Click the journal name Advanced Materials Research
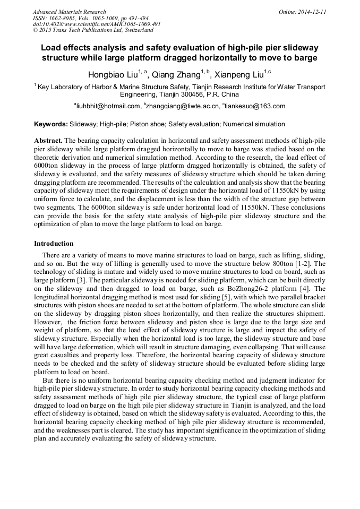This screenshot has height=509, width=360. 69,12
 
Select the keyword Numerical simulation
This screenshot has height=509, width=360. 254,124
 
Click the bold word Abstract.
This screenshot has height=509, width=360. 48,141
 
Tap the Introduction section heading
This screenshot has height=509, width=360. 54,244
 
